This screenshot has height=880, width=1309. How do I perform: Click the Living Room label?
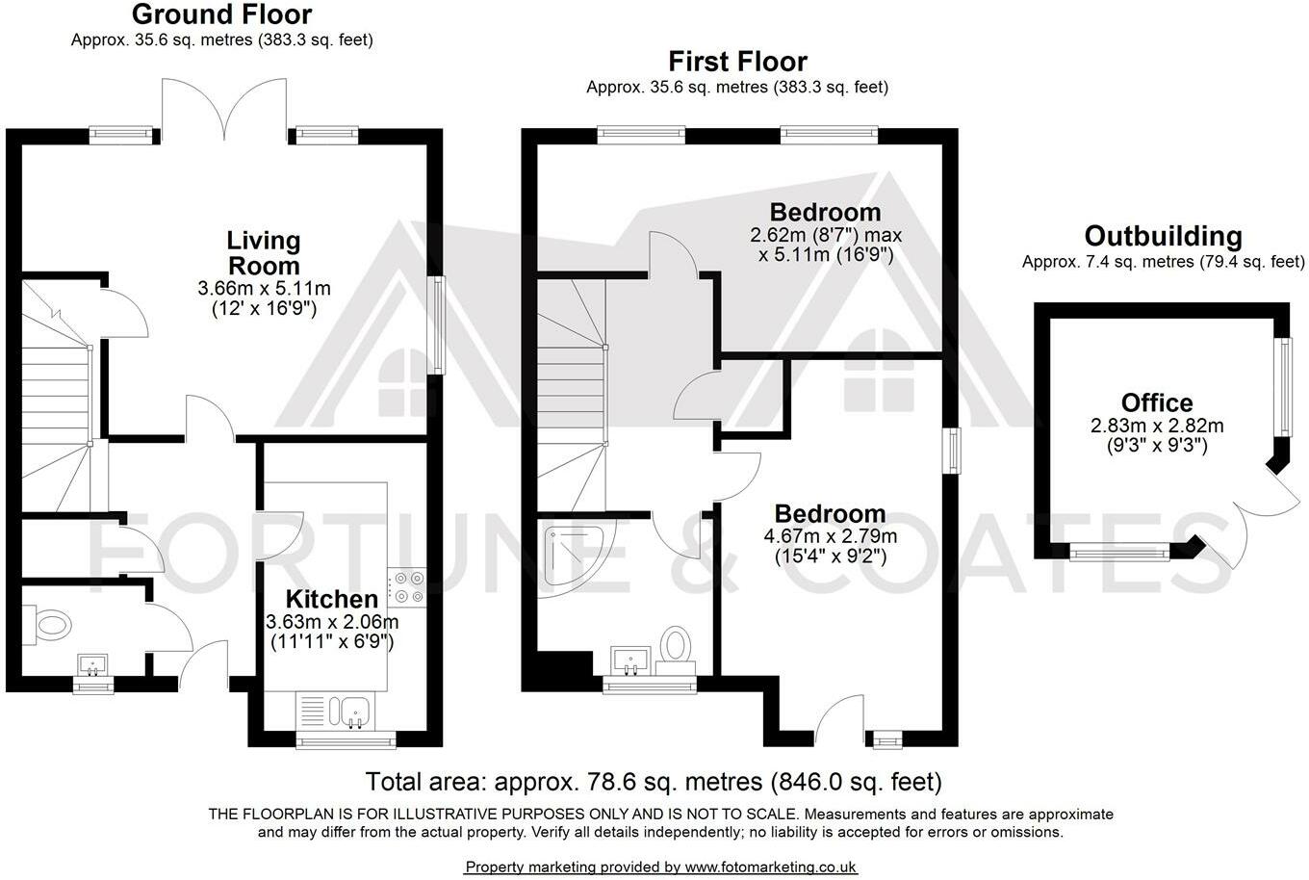(264, 253)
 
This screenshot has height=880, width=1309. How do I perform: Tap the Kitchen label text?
(332, 599)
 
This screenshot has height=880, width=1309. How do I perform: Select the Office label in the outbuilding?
(1157, 402)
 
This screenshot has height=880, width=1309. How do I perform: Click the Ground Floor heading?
(222, 14)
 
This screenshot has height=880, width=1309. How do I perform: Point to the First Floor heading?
(737, 62)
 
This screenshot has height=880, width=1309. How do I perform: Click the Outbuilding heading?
(1164, 236)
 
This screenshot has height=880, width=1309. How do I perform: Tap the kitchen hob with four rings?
(407, 587)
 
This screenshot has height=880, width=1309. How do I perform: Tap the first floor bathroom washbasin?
(630, 661)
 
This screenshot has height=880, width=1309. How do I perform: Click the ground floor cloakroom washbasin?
(93, 665)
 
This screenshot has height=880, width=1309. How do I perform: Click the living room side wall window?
(438, 325)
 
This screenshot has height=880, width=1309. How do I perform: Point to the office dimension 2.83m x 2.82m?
(1157, 435)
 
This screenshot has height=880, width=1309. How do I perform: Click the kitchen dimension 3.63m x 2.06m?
(332, 632)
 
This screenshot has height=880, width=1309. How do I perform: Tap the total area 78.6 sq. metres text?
(654, 782)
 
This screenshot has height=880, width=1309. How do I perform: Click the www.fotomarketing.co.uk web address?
(770, 867)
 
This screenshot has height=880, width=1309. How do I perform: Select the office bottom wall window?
(1119, 552)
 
